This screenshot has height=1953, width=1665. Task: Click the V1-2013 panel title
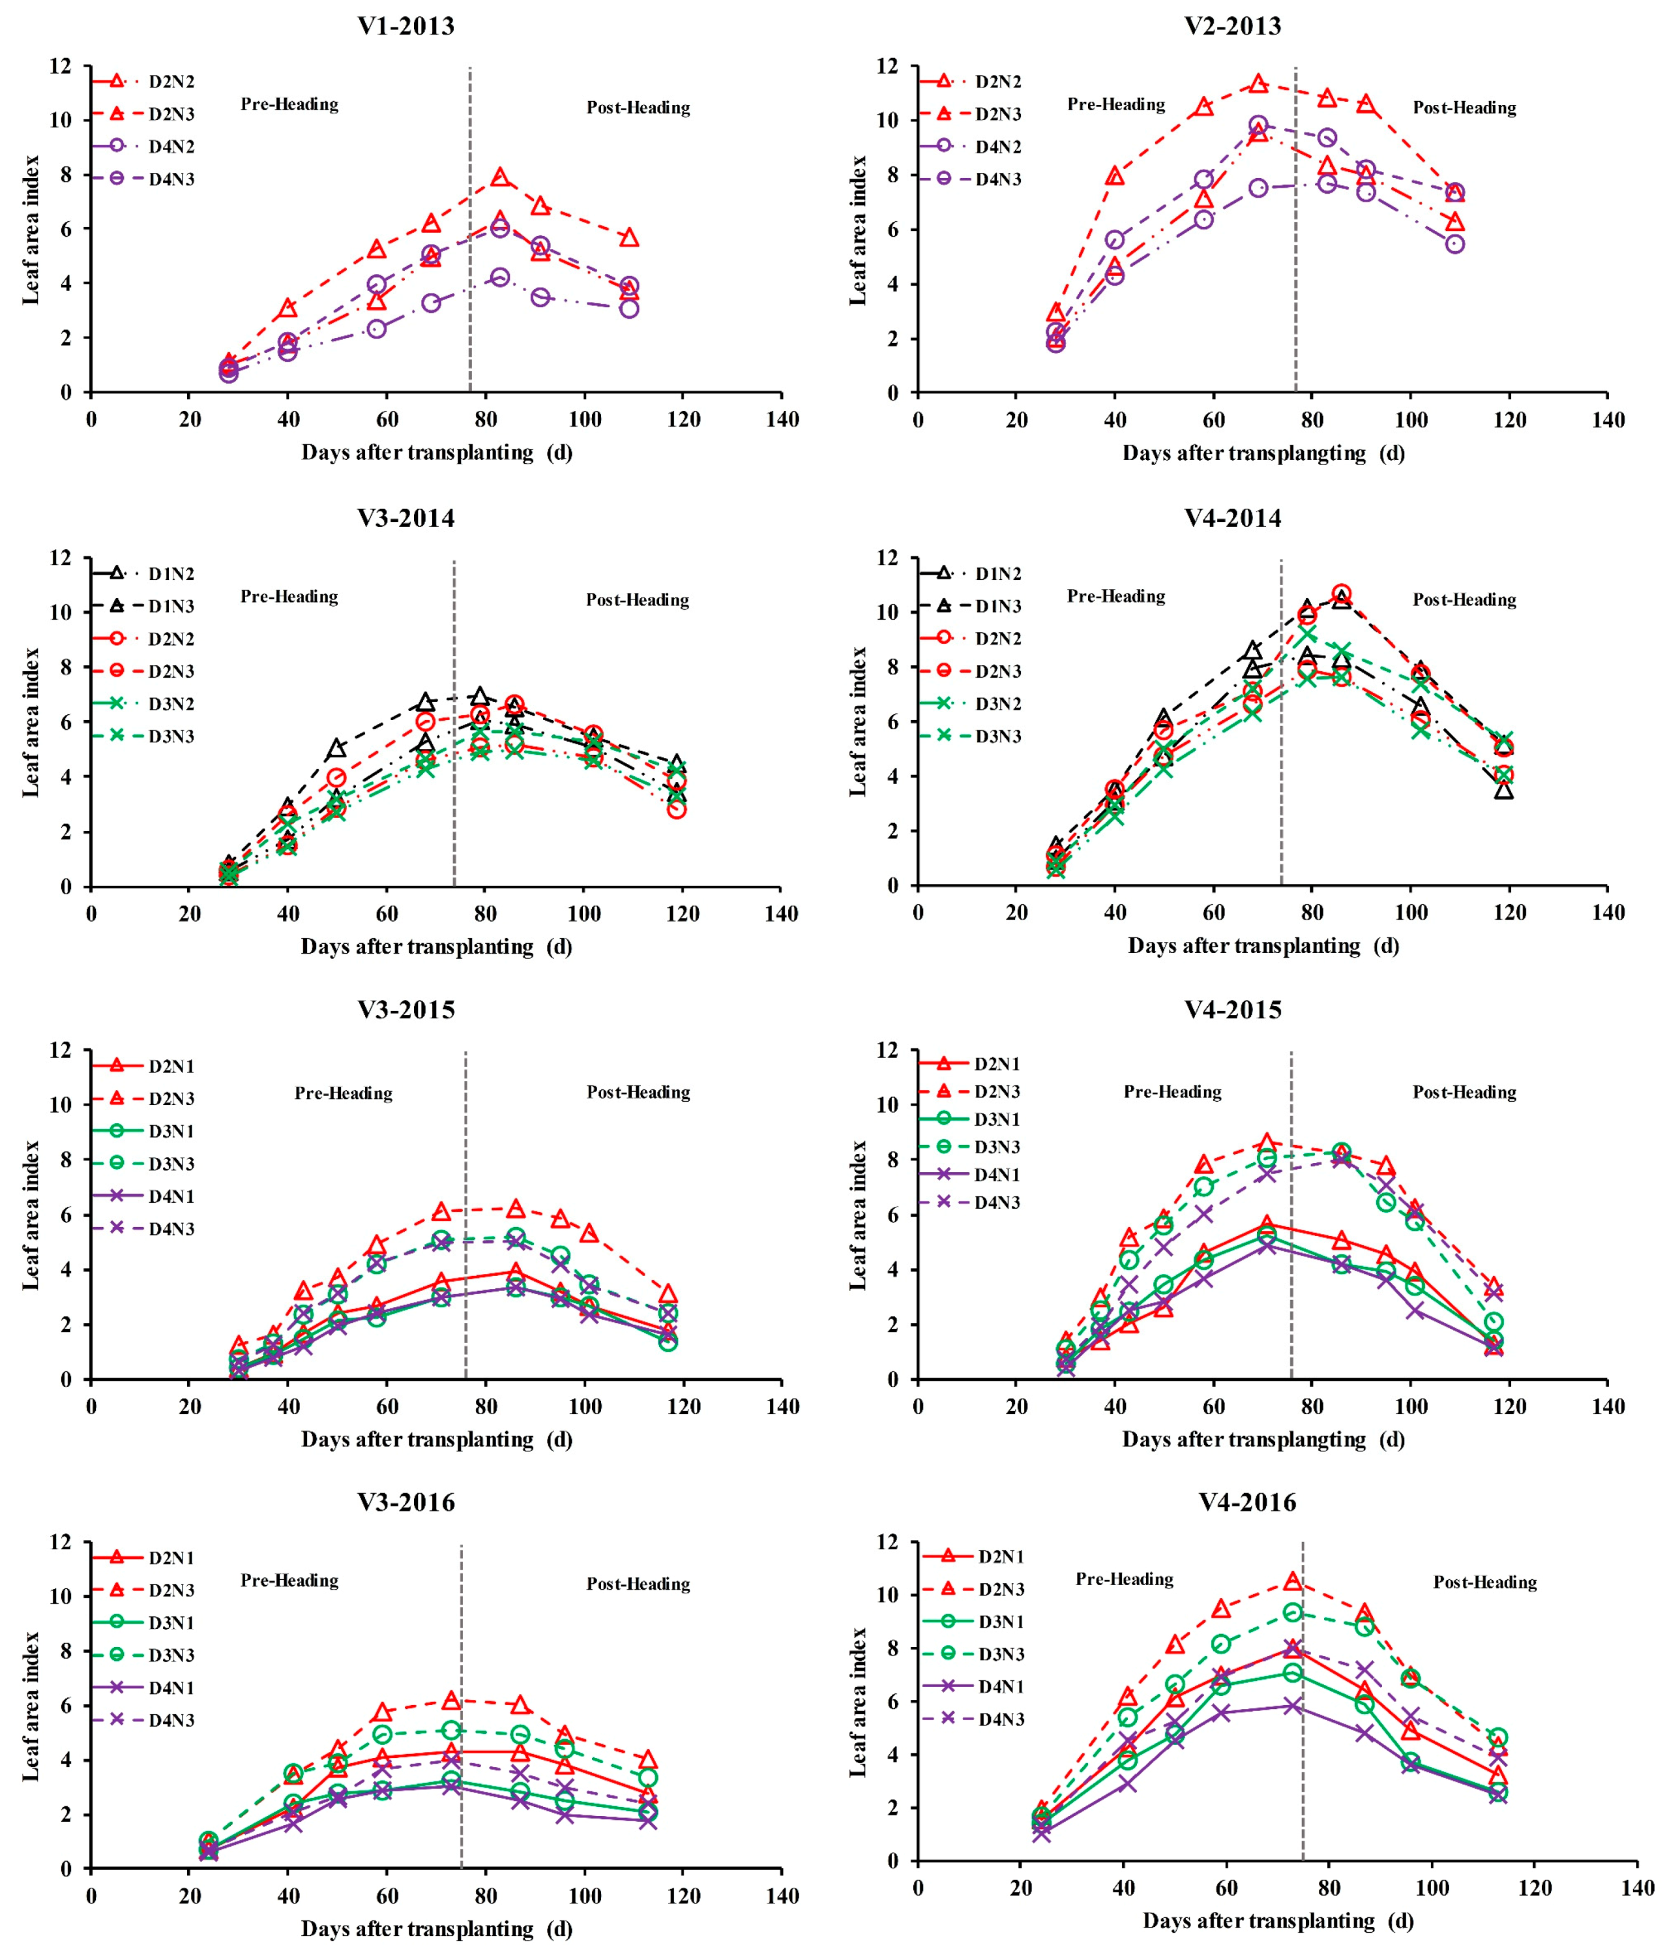[x=405, y=26]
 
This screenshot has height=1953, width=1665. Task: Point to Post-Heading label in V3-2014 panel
[x=637, y=600]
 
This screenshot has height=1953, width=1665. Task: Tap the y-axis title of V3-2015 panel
[x=31, y=1215]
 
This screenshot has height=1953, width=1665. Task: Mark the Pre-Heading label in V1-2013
[x=289, y=104]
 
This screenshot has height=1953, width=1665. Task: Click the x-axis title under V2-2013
[x=1263, y=453]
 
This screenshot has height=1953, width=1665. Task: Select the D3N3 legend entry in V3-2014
[x=171, y=736]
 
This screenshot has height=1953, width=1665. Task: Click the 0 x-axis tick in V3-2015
[x=91, y=1407]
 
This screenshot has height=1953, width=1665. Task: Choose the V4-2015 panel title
[x=1233, y=1010]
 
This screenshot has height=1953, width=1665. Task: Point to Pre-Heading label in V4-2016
[x=1124, y=1579]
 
